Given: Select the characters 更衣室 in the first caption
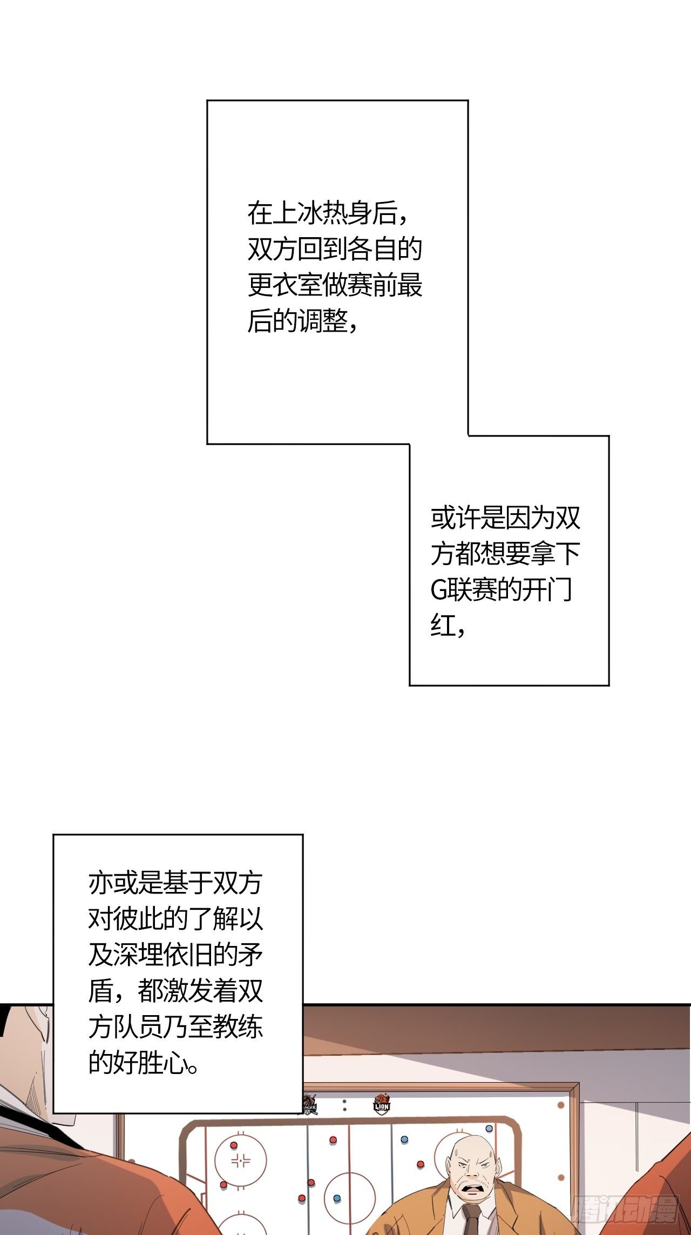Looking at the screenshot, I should tap(285, 285).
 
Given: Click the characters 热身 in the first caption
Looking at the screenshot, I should tap(335, 213).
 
